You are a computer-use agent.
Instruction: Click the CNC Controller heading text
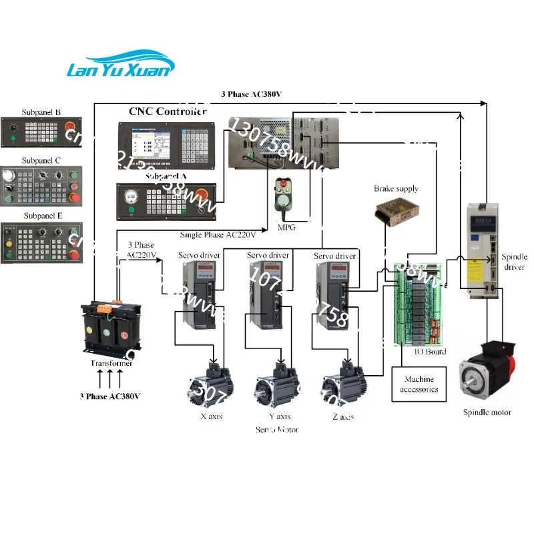pyautogui.click(x=167, y=111)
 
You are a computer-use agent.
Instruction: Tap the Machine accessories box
pyautogui.click(x=419, y=384)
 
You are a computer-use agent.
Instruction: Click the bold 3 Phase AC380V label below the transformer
pyautogui.click(x=110, y=396)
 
